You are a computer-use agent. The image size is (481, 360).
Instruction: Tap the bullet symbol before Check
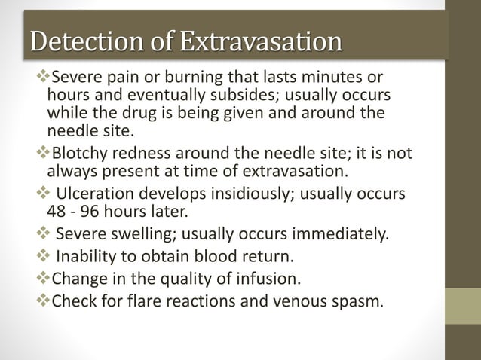(41, 304)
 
